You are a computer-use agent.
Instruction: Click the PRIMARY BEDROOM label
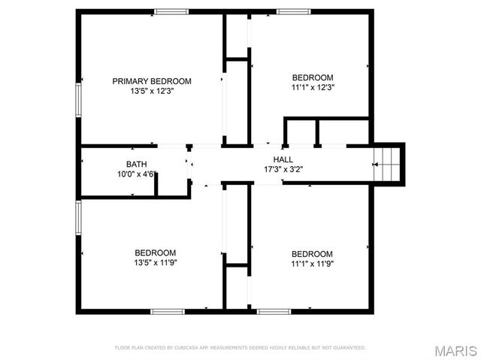pyautogui.click(x=152, y=81)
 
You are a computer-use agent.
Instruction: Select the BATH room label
pyautogui.click(x=136, y=164)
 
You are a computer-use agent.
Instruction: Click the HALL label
pyautogui.click(x=283, y=159)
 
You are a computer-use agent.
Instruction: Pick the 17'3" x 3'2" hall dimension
pyautogui.click(x=283, y=169)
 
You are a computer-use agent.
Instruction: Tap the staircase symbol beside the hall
pyautogui.click(x=389, y=162)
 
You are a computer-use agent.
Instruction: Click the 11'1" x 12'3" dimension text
pyautogui.click(x=313, y=87)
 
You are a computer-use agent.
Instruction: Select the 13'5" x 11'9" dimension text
pyautogui.click(x=156, y=263)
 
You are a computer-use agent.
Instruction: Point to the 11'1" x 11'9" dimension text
pyautogui.click(x=312, y=264)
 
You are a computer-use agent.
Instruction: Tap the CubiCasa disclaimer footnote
pyautogui.click(x=240, y=348)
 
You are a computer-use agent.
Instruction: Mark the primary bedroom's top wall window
pyautogui.click(x=171, y=11)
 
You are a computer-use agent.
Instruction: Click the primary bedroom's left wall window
pyautogui.click(x=78, y=100)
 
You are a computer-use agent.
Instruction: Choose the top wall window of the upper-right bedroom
pyautogui.click(x=293, y=11)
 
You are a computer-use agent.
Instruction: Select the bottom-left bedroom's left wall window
pyautogui.click(x=78, y=218)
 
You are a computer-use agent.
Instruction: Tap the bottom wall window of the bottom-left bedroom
pyautogui.click(x=168, y=311)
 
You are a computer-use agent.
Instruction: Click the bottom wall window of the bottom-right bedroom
pyautogui.click(x=274, y=311)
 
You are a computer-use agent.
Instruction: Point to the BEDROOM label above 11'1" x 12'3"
pyautogui.click(x=313, y=77)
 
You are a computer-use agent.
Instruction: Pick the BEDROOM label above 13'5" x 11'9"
pyautogui.click(x=156, y=253)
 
